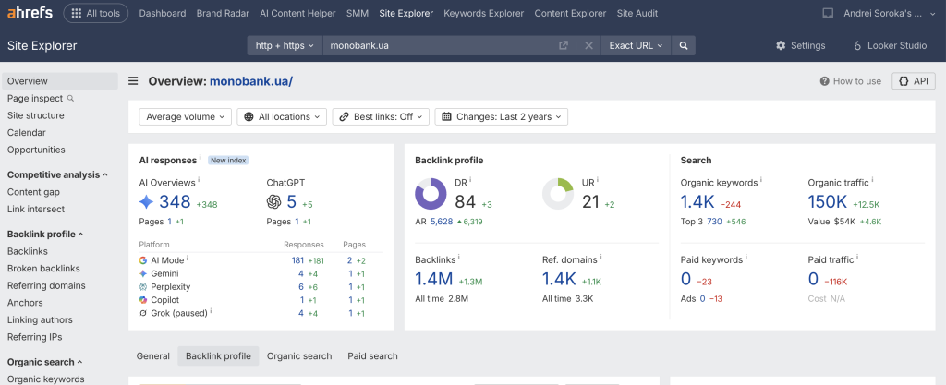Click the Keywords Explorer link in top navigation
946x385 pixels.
[484, 13]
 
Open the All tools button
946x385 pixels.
[96, 13]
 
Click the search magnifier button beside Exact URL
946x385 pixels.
[684, 46]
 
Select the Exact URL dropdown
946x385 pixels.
[636, 46]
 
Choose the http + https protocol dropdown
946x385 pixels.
[285, 46]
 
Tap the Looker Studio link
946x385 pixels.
[890, 46]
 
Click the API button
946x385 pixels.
[914, 81]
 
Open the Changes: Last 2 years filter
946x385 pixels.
[502, 117]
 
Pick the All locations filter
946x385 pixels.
[282, 117]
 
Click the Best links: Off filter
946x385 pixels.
[381, 117]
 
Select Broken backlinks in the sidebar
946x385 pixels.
[43, 269]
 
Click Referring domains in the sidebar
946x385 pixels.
[46, 285]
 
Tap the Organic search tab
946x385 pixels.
[299, 356]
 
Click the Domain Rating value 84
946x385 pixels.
[466, 202]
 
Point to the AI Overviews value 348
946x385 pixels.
[175, 202]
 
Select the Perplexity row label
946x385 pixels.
[171, 287]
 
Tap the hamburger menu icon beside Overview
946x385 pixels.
[133, 81]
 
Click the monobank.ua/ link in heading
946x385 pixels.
[251, 81]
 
